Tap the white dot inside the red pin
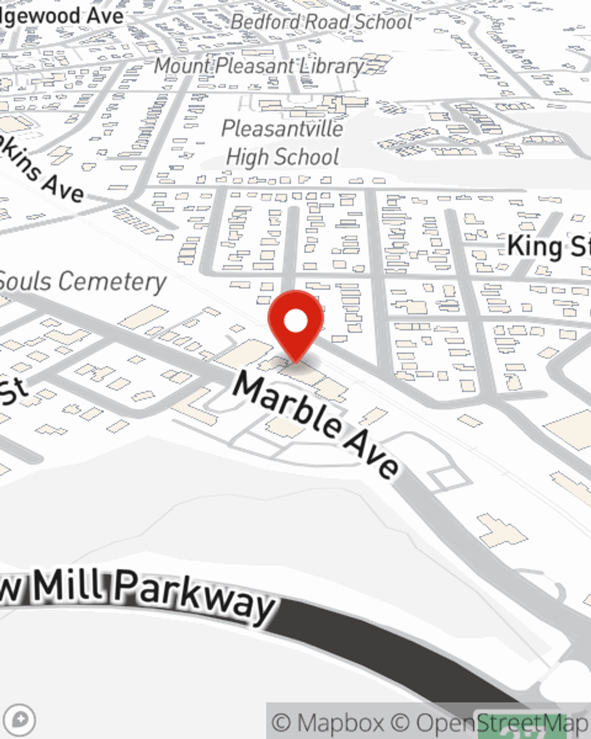coord(295,322)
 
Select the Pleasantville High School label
coord(282,143)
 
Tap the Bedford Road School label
coord(322,22)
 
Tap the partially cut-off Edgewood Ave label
coord(61,16)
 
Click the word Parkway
coord(195,597)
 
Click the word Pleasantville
coord(282,128)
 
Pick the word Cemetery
coord(112,281)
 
